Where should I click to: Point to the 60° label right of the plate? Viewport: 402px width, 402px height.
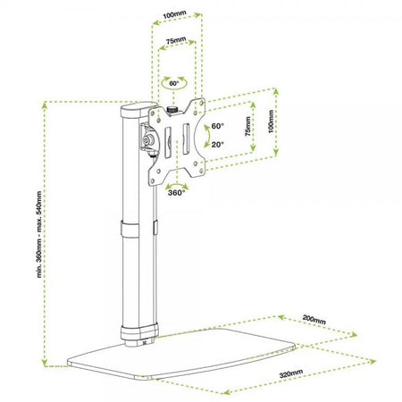[x=218, y=127]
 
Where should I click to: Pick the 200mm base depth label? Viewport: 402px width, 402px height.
[x=314, y=317]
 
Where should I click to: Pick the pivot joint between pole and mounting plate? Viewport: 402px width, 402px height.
[x=146, y=142]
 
